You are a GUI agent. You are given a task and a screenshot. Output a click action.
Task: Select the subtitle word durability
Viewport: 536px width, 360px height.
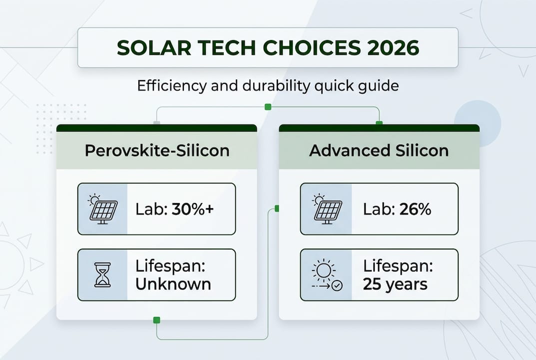pos(272,86)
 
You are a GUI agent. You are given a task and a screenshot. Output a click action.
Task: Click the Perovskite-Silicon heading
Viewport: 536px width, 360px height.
pos(157,150)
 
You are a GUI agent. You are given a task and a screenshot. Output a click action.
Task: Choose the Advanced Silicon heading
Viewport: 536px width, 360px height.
pos(379,150)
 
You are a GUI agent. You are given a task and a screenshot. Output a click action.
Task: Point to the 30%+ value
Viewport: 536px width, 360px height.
pos(193,209)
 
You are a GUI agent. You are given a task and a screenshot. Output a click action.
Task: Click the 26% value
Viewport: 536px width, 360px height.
pos(415,209)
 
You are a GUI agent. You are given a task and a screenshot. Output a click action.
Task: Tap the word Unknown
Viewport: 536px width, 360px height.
pos(173,284)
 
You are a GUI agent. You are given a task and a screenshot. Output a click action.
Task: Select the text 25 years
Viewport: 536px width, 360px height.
pos(395,284)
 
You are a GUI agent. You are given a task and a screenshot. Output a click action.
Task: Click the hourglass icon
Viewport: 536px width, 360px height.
pos(102,275)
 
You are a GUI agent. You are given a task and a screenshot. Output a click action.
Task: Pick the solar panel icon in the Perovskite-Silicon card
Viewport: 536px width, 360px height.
pos(103,209)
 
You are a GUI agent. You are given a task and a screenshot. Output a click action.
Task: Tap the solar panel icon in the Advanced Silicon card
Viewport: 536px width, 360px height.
pos(326,209)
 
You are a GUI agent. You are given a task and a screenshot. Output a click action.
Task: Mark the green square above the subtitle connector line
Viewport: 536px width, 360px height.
pos(268,106)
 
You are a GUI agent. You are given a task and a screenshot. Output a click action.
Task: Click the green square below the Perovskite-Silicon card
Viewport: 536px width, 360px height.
pos(157,320)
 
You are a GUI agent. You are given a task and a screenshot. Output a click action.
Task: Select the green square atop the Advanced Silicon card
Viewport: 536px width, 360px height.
pos(379,123)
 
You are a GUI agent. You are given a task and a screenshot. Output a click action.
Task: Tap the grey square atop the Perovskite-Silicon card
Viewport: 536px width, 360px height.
pos(157,123)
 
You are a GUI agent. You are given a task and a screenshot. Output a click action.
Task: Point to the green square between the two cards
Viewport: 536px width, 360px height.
pos(277,208)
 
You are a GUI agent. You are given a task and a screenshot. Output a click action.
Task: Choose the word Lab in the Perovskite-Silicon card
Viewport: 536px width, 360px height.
pos(149,209)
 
